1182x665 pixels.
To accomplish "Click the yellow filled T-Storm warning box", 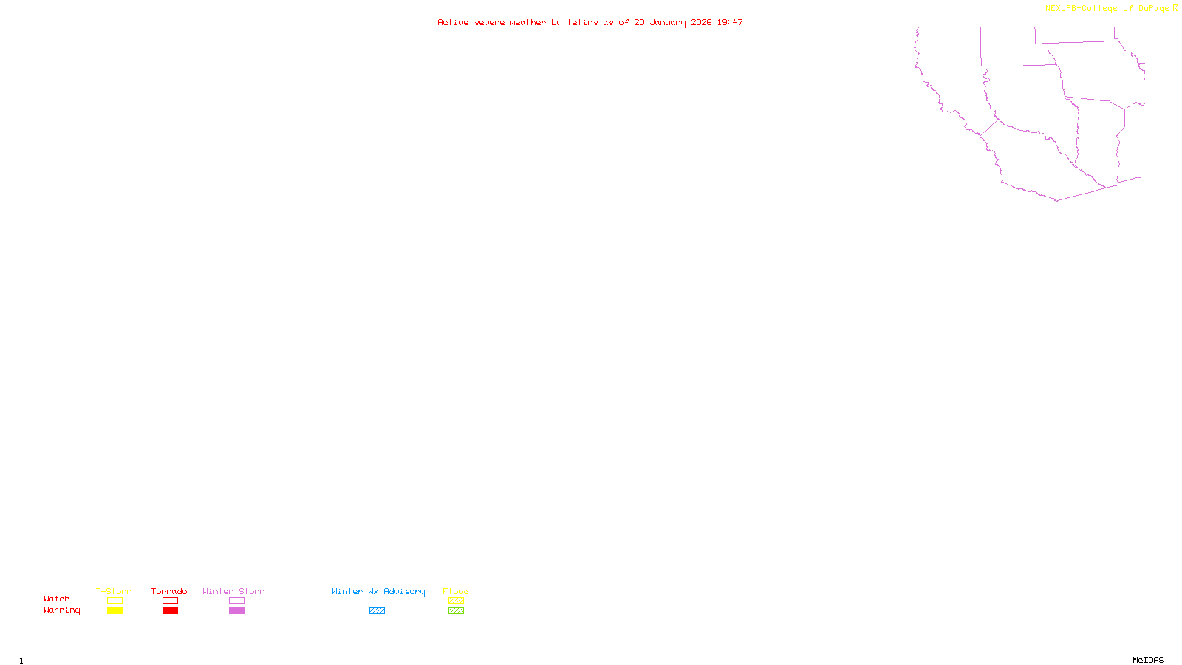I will click(x=115, y=611).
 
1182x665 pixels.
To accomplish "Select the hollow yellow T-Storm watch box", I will click(x=115, y=601).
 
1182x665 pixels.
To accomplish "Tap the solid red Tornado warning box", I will click(x=170, y=611).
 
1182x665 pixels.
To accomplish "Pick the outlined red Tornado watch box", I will click(x=170, y=601).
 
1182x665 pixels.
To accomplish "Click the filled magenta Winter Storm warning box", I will click(x=236, y=611).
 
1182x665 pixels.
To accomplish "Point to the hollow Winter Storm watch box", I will click(x=236, y=601).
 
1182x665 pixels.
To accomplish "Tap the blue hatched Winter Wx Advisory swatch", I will click(x=377, y=611).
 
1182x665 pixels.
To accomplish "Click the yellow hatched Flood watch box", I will click(x=456, y=601).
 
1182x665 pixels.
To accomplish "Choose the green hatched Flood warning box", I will click(x=456, y=611).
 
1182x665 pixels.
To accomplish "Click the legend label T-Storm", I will click(x=114, y=591).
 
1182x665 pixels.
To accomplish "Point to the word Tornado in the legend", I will click(x=169, y=591).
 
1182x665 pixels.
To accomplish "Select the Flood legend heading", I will click(x=456, y=591).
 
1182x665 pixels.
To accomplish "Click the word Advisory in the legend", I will click(x=404, y=591).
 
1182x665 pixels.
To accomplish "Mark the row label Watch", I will click(x=57, y=598).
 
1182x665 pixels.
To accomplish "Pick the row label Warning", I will click(x=62, y=610).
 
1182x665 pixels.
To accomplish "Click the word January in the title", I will click(x=668, y=22).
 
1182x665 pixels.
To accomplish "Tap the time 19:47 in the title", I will click(x=730, y=22).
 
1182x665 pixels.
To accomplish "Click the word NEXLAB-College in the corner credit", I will click(x=1082, y=9).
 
